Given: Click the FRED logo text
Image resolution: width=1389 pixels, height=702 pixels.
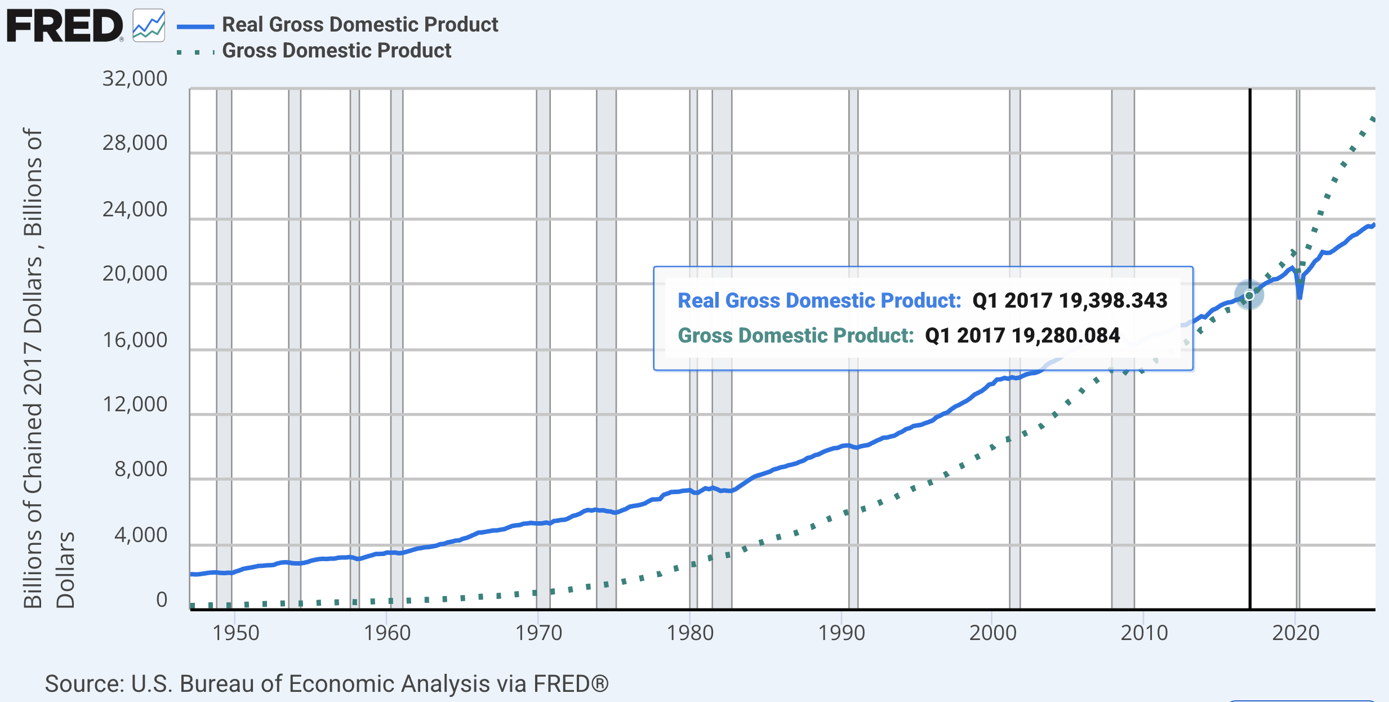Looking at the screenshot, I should click(x=64, y=26).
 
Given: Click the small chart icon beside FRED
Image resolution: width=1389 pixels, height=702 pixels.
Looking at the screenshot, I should click(x=149, y=26).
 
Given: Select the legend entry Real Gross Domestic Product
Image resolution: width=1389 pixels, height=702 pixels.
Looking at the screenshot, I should click(x=359, y=25).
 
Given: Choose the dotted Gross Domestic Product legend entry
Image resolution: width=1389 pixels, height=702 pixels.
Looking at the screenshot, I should click(x=336, y=51).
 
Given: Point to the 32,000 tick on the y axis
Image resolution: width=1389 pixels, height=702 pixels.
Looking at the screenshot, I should click(x=135, y=78).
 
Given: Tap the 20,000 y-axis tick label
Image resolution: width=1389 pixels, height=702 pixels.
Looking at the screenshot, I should click(x=135, y=274).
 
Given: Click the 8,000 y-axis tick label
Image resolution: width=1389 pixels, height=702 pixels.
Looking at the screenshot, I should click(x=141, y=469).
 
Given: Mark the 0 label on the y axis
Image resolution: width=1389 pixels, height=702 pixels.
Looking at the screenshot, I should click(x=161, y=599).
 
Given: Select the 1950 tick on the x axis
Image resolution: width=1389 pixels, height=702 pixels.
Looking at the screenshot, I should click(x=235, y=633).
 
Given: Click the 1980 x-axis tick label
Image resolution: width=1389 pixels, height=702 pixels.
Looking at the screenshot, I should click(x=690, y=633).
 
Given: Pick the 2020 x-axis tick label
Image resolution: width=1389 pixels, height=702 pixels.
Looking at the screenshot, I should click(x=1295, y=633).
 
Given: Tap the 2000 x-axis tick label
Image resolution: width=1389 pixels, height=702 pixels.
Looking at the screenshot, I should click(x=992, y=633).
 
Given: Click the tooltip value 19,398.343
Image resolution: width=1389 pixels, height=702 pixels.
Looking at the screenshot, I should click(x=1112, y=300).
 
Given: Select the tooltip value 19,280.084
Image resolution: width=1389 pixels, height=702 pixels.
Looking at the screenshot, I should click(x=1065, y=335).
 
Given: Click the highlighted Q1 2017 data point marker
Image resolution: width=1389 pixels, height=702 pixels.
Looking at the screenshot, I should click(x=1249, y=295).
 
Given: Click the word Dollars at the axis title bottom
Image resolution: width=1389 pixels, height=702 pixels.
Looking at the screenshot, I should click(x=65, y=570).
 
